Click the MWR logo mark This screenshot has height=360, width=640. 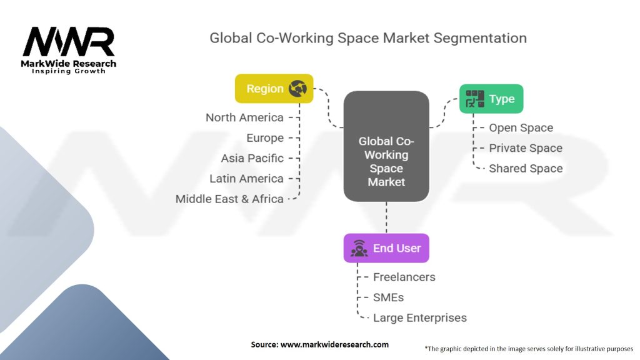(x=69, y=42)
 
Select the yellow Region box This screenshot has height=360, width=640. (x=274, y=89)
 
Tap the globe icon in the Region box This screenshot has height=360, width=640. (x=298, y=89)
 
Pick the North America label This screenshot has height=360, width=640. (x=244, y=117)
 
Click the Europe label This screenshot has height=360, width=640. (x=265, y=137)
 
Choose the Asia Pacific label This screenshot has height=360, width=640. (x=252, y=158)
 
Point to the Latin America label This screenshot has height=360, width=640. (x=246, y=179)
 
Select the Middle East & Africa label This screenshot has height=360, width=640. (x=229, y=199)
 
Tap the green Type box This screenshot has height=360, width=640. (x=491, y=99)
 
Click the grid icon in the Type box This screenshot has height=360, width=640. (x=475, y=99)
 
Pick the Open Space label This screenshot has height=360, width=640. (x=521, y=127)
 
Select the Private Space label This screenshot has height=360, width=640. (x=525, y=148)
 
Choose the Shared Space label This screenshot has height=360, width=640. (x=525, y=168)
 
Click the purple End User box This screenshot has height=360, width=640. (x=386, y=248)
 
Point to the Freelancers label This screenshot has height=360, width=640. (x=404, y=277)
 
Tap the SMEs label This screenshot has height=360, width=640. (x=388, y=297)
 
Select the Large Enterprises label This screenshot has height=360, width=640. (x=419, y=317)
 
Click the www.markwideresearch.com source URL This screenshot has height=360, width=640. (x=334, y=344)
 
